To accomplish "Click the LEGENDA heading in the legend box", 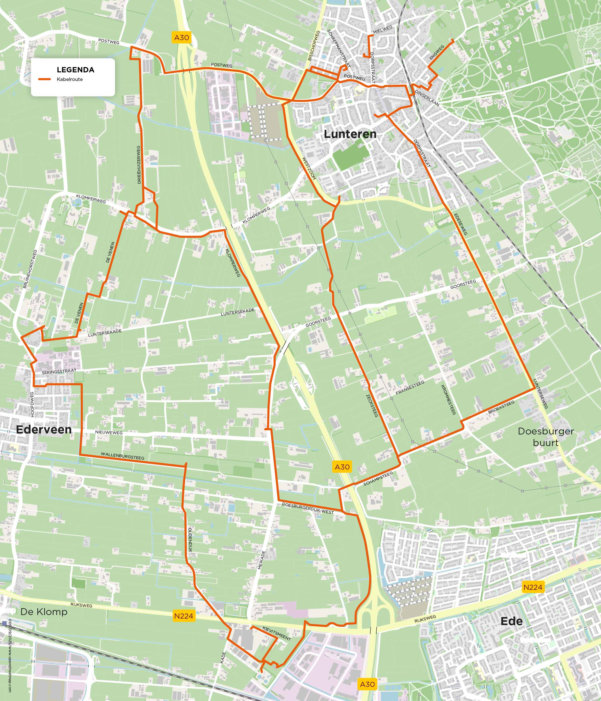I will click(75, 70).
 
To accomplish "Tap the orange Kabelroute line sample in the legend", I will click(44, 79).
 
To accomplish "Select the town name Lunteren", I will click(350, 134).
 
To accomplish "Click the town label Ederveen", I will click(44, 429).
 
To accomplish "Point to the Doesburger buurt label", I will click(545, 437).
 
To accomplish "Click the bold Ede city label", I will click(511, 621).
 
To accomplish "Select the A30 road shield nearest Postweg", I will click(181, 38).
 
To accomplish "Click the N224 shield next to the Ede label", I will click(533, 587).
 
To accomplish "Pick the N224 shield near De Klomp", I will click(184, 616).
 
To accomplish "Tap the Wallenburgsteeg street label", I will click(123, 456).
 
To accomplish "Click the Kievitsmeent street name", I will click(277, 633).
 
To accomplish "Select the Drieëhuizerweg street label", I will click(139, 165).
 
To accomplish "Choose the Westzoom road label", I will click(309, 168).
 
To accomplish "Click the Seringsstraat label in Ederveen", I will click(59, 371).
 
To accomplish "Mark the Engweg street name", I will click(436, 52).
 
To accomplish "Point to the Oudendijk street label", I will click(190, 540).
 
